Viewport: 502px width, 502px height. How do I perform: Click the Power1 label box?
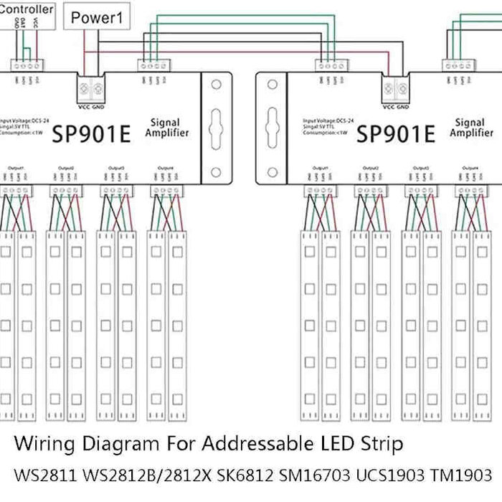(x=98, y=17)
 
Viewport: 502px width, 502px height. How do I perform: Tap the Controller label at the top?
(x=27, y=9)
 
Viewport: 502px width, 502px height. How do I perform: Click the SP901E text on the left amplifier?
(x=91, y=133)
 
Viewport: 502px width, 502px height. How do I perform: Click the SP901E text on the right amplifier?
(x=396, y=133)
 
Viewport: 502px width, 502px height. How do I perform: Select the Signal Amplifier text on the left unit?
(x=167, y=128)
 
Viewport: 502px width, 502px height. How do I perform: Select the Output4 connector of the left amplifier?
(x=166, y=191)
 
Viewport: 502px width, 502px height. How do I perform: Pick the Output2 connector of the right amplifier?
(x=371, y=191)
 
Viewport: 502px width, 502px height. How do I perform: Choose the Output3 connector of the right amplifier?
(x=421, y=191)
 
